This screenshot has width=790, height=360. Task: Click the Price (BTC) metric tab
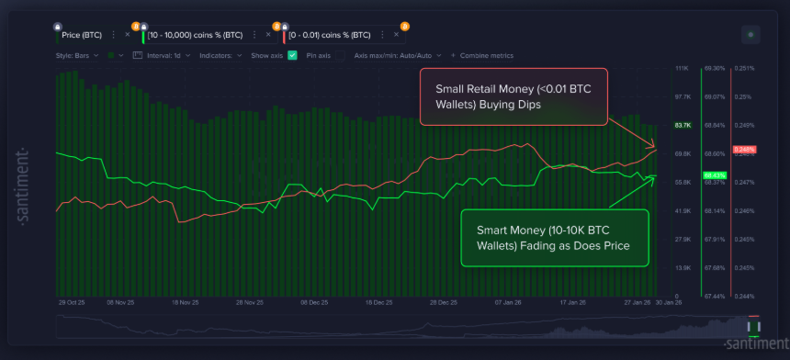click(82, 35)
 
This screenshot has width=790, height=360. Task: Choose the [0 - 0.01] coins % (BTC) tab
click(330, 35)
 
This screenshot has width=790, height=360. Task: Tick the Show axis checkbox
click(292, 56)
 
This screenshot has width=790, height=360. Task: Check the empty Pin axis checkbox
click(341, 56)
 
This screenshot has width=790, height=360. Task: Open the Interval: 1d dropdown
click(165, 56)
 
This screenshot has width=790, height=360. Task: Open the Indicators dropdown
click(220, 56)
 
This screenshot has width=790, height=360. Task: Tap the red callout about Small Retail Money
click(513, 96)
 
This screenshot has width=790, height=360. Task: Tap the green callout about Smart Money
click(554, 238)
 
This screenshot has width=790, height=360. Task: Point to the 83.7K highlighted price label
click(683, 125)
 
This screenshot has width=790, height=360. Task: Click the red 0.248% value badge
click(744, 148)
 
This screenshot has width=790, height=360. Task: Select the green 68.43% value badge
click(714, 174)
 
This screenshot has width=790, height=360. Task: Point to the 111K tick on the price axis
click(683, 68)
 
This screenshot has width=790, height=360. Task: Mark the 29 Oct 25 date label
click(72, 301)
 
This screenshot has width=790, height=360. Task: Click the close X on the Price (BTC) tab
click(127, 35)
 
